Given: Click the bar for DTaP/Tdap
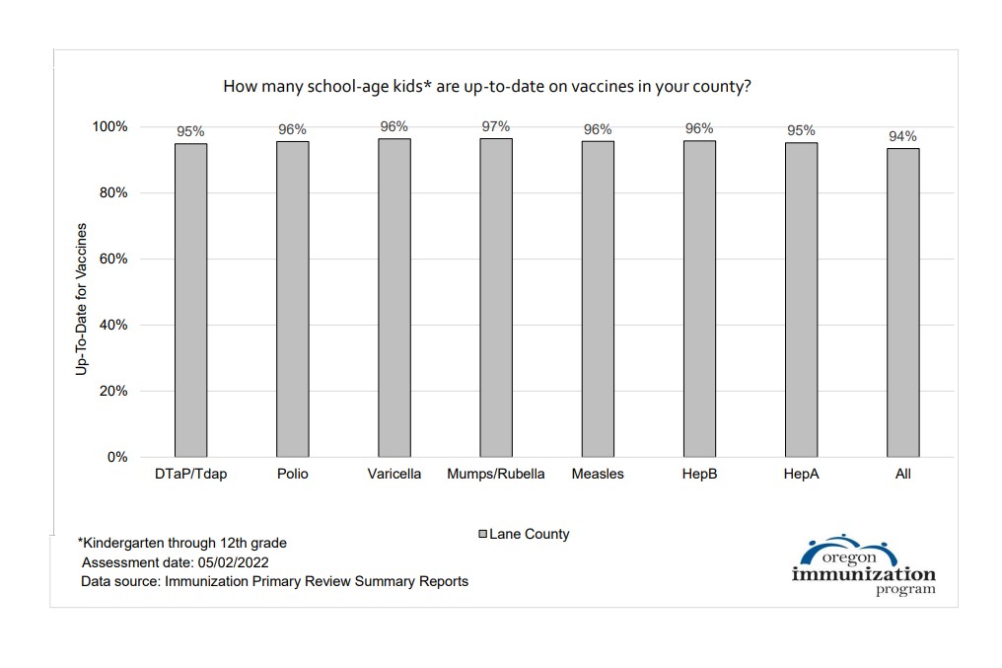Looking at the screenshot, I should tap(191, 300).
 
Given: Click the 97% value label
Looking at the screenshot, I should tap(496, 126).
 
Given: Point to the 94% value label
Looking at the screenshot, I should tap(902, 136).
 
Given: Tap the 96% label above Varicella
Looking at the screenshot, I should tap(394, 126).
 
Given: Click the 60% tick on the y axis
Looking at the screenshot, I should tap(111, 259).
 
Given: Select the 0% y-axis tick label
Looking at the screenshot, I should tap(116, 457).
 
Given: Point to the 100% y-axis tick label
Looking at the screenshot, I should tap(109, 126).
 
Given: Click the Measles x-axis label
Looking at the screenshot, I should tap(598, 474).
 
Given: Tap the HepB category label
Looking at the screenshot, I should tap(699, 474).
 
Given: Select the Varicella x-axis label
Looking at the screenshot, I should tap(394, 474).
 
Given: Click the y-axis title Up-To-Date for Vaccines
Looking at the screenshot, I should tap(82, 299).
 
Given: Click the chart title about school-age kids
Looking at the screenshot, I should tap(487, 86).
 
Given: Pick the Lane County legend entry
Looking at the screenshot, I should tap(524, 534).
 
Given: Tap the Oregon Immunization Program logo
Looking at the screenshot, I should tap(863, 567).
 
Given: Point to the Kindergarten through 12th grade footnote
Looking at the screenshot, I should tap(182, 543).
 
